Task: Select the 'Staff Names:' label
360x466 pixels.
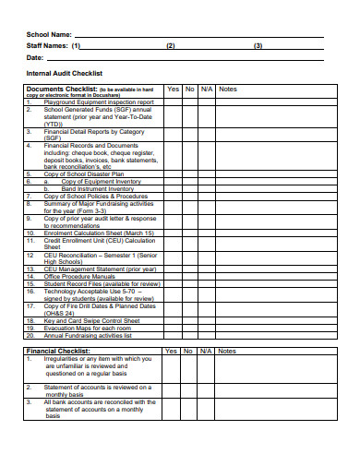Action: click(x=46, y=45)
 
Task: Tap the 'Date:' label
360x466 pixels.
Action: click(x=35, y=57)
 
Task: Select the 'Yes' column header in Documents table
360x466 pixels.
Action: click(x=172, y=90)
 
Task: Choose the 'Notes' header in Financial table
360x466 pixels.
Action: click(x=228, y=351)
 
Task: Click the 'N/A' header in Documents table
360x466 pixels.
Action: click(x=207, y=90)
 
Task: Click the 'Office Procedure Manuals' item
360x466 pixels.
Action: click(x=79, y=276)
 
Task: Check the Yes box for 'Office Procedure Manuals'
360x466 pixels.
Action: click(x=172, y=276)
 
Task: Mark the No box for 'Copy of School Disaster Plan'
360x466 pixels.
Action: click(x=189, y=173)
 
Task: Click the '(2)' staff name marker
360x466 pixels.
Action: click(x=170, y=45)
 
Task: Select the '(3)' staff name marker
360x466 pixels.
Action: click(x=258, y=45)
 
